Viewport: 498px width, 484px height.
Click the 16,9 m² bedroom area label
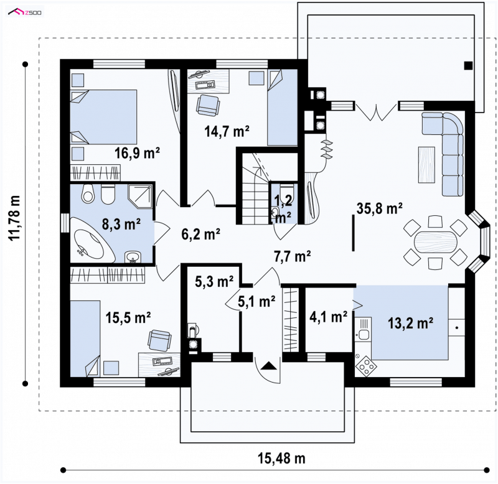pos(137,153)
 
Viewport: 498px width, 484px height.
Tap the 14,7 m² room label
pos(227,131)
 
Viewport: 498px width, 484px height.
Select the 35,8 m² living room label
pos(380,208)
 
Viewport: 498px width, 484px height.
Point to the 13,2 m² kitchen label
pos(410,323)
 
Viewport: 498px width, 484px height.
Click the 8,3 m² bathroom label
pos(121,224)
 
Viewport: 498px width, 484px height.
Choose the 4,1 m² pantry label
pos(328,317)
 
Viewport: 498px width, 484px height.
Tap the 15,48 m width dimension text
pos(281,458)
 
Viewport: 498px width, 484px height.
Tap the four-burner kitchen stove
pos(366,366)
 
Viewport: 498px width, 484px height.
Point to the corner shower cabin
pos(140,196)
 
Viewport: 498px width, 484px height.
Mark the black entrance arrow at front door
pos(269,366)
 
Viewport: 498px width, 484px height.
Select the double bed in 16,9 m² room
pos(103,117)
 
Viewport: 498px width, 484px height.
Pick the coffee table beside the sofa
pos(426,164)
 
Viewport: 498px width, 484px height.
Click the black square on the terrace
pos(468,66)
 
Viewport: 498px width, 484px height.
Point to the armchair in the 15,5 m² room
pos(159,340)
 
